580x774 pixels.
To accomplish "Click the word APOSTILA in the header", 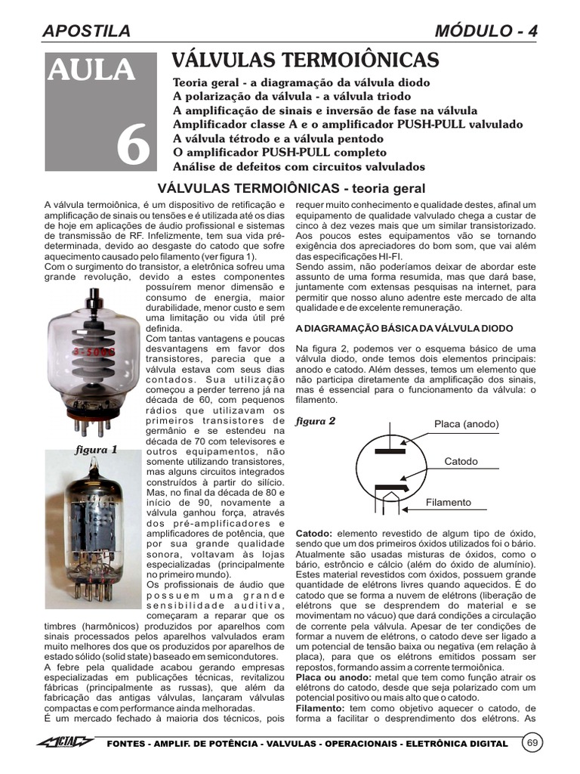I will (x=87, y=31).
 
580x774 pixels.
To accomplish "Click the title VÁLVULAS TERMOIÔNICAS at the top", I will (x=305, y=60).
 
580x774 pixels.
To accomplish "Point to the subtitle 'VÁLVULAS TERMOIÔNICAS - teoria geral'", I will (x=290, y=188).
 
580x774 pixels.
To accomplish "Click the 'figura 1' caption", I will (x=97, y=449).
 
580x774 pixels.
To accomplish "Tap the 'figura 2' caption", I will (x=315, y=421).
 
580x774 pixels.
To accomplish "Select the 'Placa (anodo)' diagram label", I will (x=466, y=424).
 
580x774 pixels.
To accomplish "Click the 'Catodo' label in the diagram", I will (x=461, y=461).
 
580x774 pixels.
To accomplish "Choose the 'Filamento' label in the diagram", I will (x=448, y=502).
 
